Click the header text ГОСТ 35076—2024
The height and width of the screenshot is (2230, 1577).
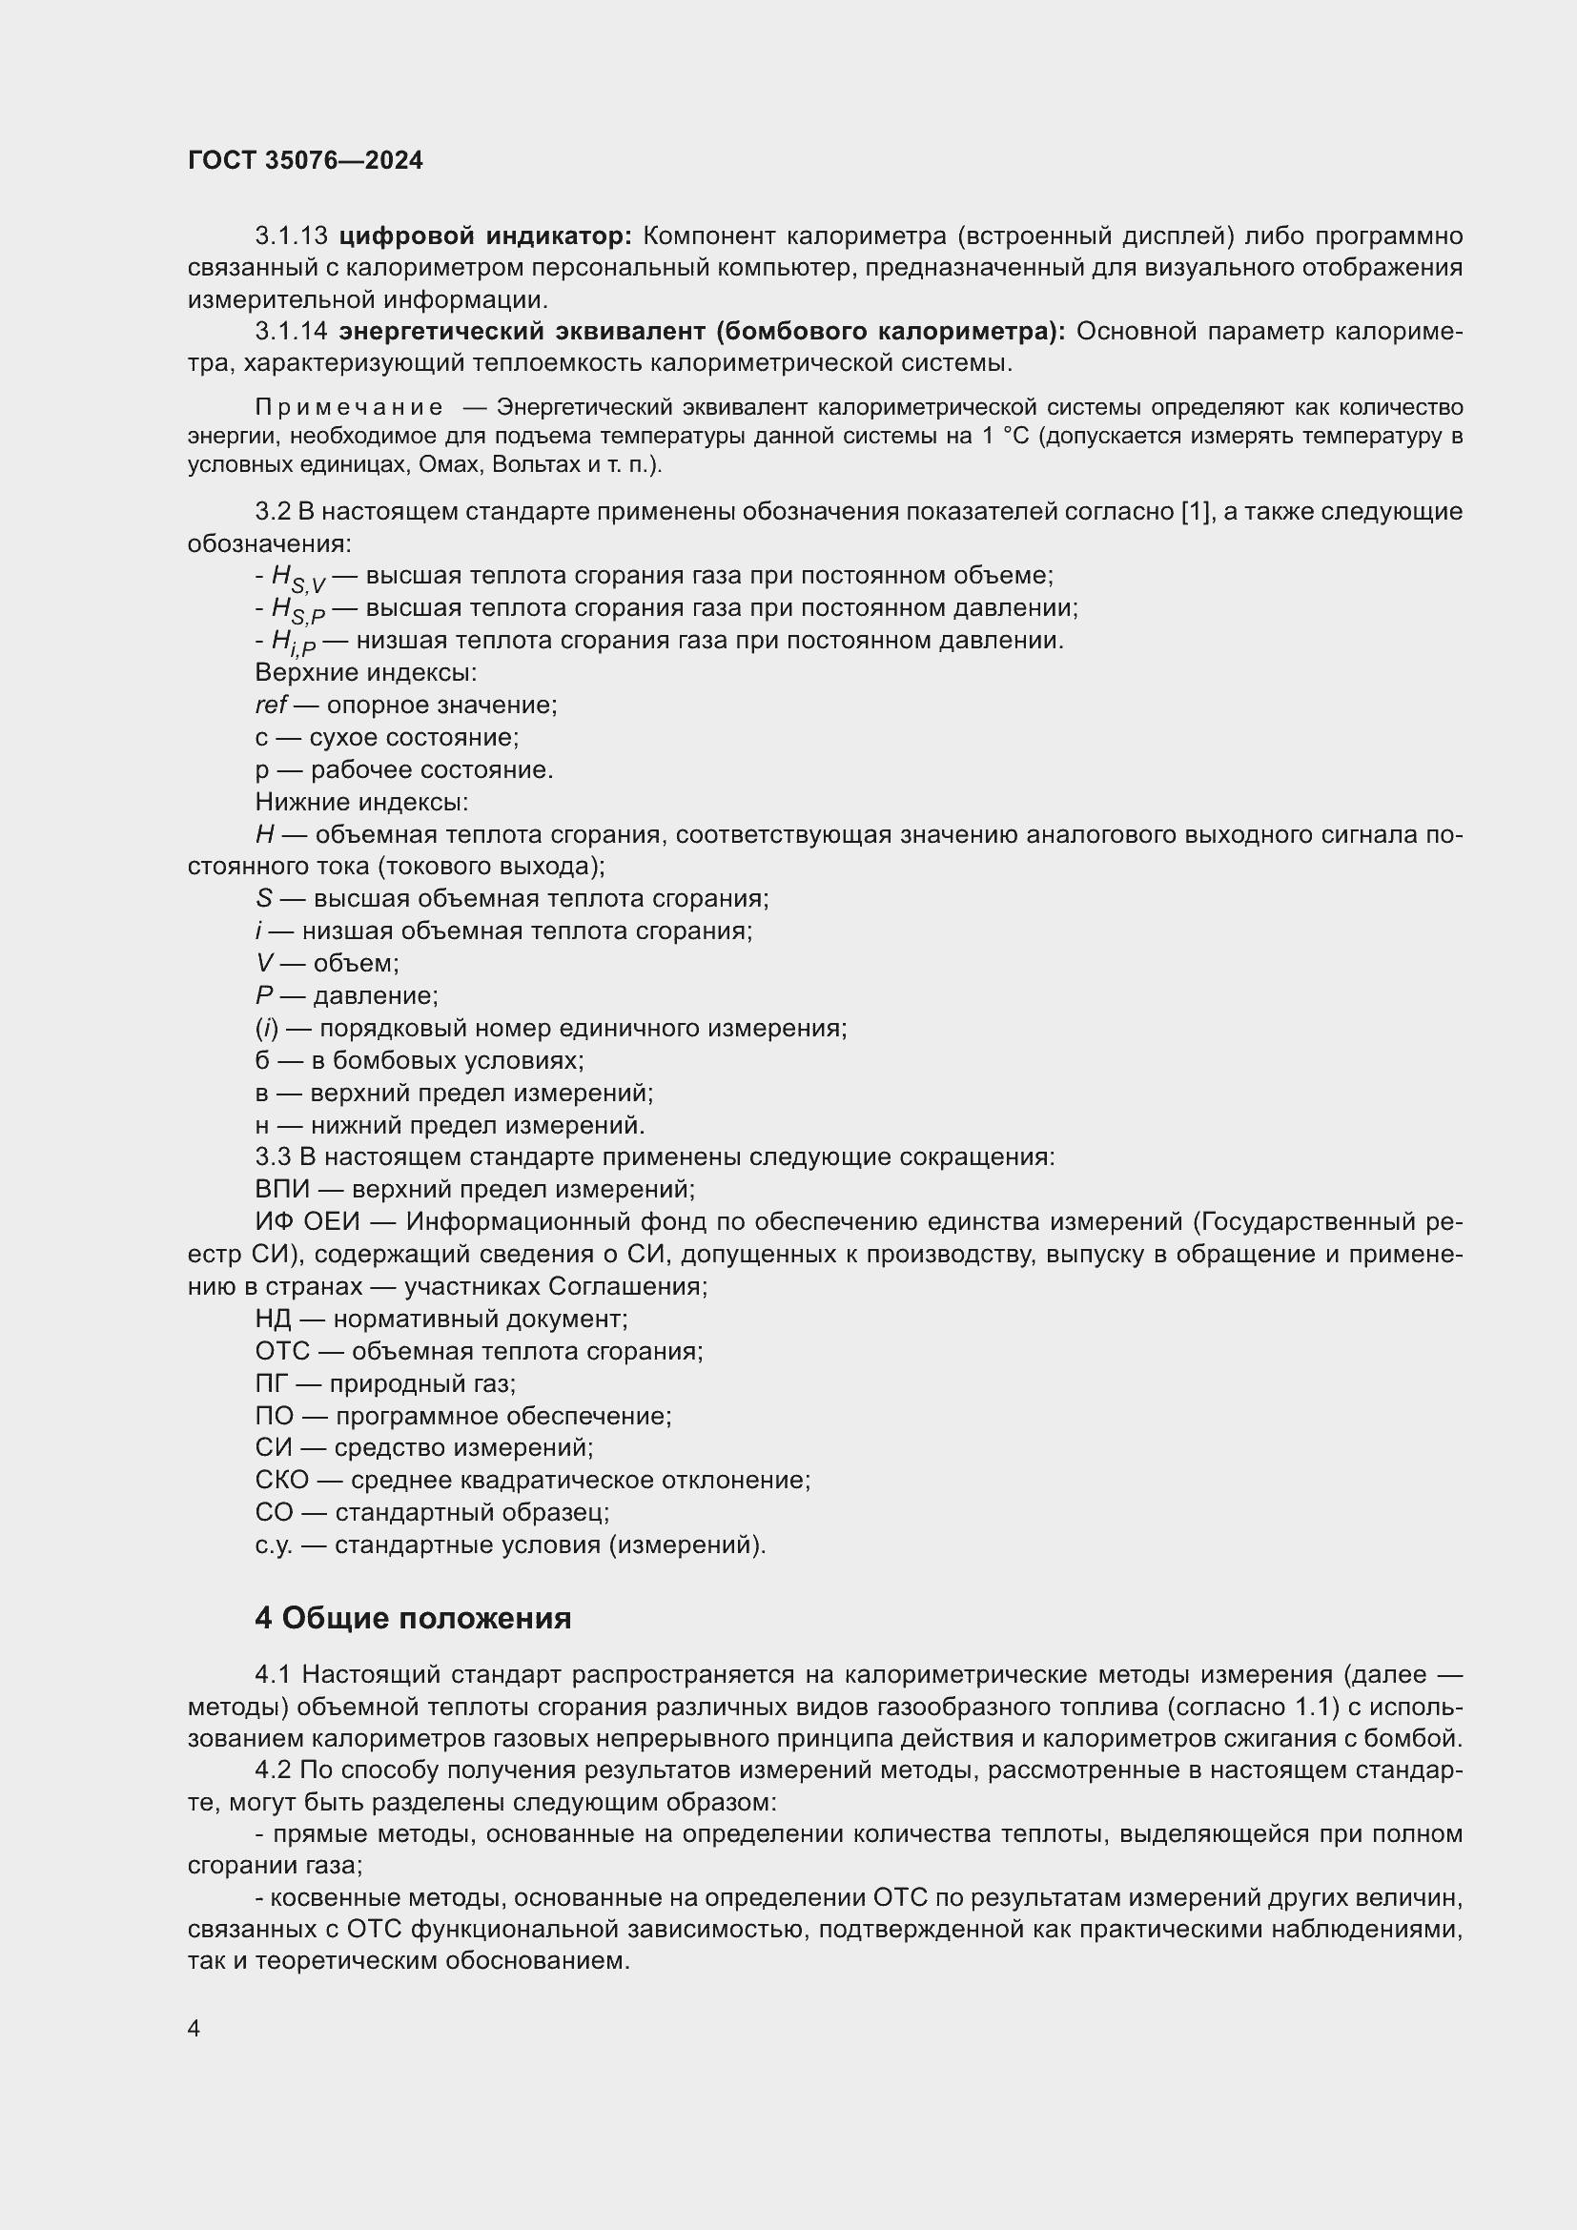click(305, 161)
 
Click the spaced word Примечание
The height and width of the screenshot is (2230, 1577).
click(349, 407)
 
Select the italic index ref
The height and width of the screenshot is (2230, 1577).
click(271, 706)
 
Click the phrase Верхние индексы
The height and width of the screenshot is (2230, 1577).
click(365, 672)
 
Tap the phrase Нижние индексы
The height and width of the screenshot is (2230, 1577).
click(361, 802)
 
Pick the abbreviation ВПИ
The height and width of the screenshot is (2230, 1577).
click(282, 1190)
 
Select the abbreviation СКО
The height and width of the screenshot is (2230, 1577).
click(281, 1481)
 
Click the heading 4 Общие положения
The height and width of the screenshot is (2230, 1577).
click(413, 1619)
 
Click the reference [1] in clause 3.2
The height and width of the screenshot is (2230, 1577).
click(1193, 512)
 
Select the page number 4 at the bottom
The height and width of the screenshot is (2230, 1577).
click(195, 2029)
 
